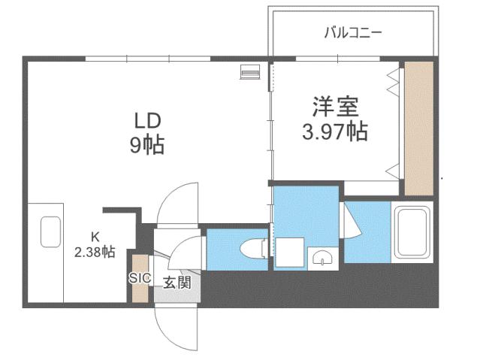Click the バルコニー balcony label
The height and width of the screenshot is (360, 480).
(353, 33)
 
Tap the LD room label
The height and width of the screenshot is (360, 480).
(147, 119)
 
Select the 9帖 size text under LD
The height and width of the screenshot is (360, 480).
(147, 144)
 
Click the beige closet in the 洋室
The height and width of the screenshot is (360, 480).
(419, 128)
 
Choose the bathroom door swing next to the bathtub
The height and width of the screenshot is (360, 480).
(352, 221)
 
